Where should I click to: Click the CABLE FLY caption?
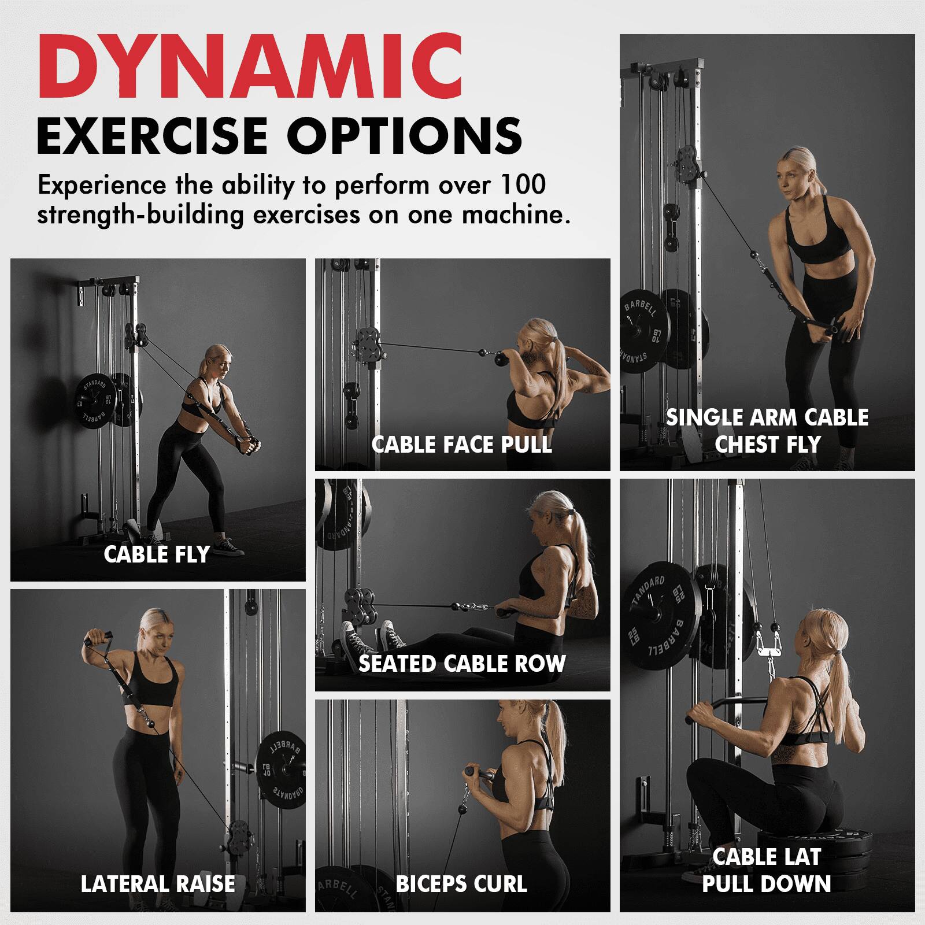tap(157, 554)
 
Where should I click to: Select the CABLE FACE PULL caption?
tap(461, 445)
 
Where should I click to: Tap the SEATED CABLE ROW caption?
tap(462, 663)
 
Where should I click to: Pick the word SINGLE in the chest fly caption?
tap(702, 417)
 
